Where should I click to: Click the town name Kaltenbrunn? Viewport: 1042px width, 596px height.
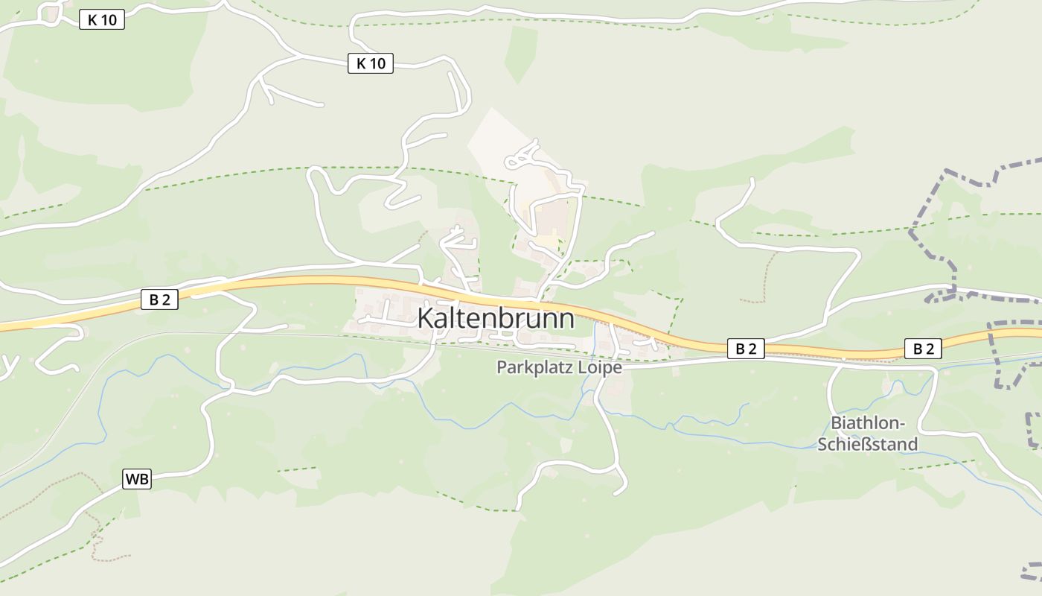496,318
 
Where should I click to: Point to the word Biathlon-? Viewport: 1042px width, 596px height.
868,424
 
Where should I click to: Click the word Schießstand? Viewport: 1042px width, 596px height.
868,444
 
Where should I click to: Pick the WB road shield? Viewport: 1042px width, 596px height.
137,479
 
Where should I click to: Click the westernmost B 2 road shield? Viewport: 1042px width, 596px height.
160,300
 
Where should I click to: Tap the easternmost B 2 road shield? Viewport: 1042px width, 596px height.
923,348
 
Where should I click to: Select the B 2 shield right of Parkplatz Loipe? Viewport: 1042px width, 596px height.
746,348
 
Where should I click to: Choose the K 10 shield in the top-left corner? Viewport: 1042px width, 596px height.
102,20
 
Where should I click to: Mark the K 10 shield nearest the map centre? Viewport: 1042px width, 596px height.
371,63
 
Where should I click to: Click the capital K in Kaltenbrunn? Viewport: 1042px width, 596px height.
426,318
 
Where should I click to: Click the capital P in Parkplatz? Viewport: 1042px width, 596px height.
502,367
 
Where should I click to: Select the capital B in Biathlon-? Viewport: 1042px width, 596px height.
836,424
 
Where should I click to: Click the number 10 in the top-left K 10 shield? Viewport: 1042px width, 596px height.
108,20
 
